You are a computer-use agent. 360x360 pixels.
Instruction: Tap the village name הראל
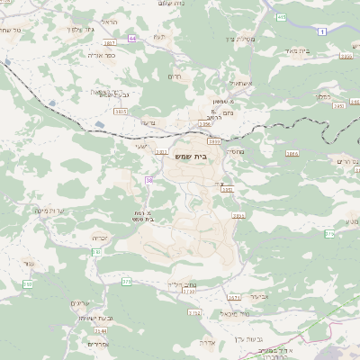[110, 21]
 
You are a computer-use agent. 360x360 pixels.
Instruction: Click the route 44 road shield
[132, 39]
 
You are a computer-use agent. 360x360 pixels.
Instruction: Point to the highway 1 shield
[321, 31]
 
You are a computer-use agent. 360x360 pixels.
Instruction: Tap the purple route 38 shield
[148, 180]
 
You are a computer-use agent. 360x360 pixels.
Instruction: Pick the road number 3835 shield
[121, 110]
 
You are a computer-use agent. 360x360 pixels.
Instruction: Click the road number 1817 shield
[110, 43]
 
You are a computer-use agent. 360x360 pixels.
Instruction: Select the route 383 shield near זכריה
[96, 252]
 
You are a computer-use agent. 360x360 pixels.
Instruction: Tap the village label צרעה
[148, 123]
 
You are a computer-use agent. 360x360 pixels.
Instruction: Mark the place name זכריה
[99, 238]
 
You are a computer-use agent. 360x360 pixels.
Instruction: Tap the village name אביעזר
[258, 295]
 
